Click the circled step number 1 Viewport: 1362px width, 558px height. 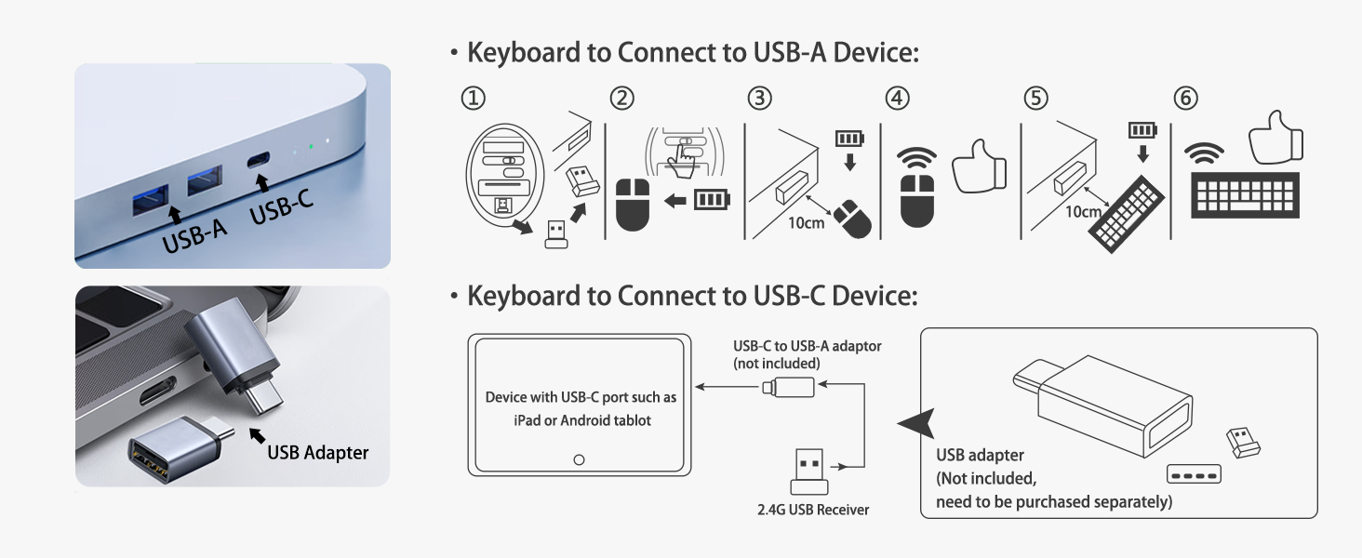[473, 98]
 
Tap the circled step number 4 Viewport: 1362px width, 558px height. [898, 98]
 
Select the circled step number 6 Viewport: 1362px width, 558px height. [1185, 98]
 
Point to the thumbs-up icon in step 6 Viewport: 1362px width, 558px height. [1275, 138]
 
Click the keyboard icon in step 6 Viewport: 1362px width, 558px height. [1245, 195]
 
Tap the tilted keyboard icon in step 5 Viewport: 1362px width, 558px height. [1126, 214]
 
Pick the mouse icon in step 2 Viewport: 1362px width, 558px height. [633, 205]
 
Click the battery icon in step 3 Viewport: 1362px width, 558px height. [849, 139]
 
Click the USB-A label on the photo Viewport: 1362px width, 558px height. [194, 235]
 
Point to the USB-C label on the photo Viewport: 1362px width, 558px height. [281, 206]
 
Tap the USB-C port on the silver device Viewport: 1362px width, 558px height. [259, 161]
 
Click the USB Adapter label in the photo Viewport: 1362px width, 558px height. [317, 453]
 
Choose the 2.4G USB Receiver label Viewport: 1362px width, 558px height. [813, 510]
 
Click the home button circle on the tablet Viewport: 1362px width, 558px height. [579, 460]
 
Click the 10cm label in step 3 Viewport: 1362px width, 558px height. [807, 223]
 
